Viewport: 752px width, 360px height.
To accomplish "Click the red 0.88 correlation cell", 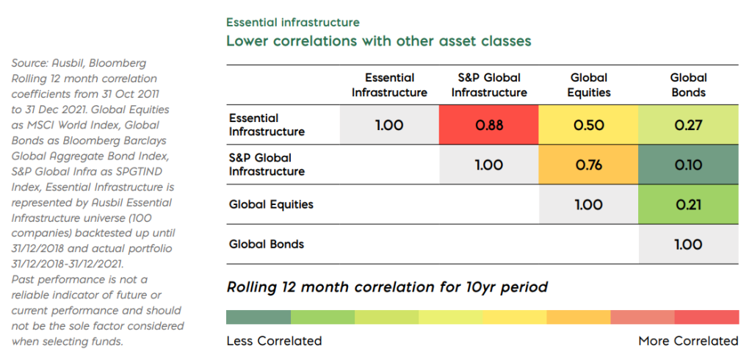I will pyautogui.click(x=489, y=125).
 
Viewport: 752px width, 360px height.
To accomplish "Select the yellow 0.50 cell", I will pyautogui.click(x=588, y=125).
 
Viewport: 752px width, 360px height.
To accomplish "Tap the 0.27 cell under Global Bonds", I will pyautogui.click(x=688, y=125).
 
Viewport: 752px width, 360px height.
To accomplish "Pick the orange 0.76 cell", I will pyautogui.click(x=588, y=165).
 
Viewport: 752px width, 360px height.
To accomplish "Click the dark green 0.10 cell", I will pyautogui.click(x=688, y=165).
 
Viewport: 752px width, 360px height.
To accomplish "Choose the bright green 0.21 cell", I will pyautogui.click(x=688, y=204).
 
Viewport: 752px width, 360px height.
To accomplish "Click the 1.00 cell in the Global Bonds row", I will pyautogui.click(x=688, y=244).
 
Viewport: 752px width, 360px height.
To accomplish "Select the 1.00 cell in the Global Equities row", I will pyautogui.click(x=588, y=204).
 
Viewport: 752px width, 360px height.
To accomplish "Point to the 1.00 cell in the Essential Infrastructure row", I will pyautogui.click(x=389, y=125).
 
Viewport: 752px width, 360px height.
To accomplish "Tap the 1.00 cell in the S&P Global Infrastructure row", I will pyautogui.click(x=489, y=165).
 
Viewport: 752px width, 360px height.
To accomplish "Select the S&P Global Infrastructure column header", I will pyautogui.click(x=489, y=85).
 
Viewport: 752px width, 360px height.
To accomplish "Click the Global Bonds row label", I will pyautogui.click(x=266, y=244).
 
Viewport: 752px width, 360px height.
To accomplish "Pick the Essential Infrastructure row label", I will pyautogui.click(x=266, y=125).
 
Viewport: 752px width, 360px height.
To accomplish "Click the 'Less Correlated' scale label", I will pyautogui.click(x=274, y=341).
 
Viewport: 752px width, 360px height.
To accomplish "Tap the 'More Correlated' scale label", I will pyautogui.click(x=688, y=341).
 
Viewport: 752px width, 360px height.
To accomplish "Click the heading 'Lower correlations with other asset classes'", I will pyautogui.click(x=378, y=41).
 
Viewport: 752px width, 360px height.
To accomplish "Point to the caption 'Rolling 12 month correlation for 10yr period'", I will pyautogui.click(x=387, y=287).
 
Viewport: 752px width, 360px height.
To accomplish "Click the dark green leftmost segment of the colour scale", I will pyautogui.click(x=258, y=317).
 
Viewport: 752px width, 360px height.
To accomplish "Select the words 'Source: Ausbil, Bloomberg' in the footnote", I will pyautogui.click(x=79, y=64).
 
